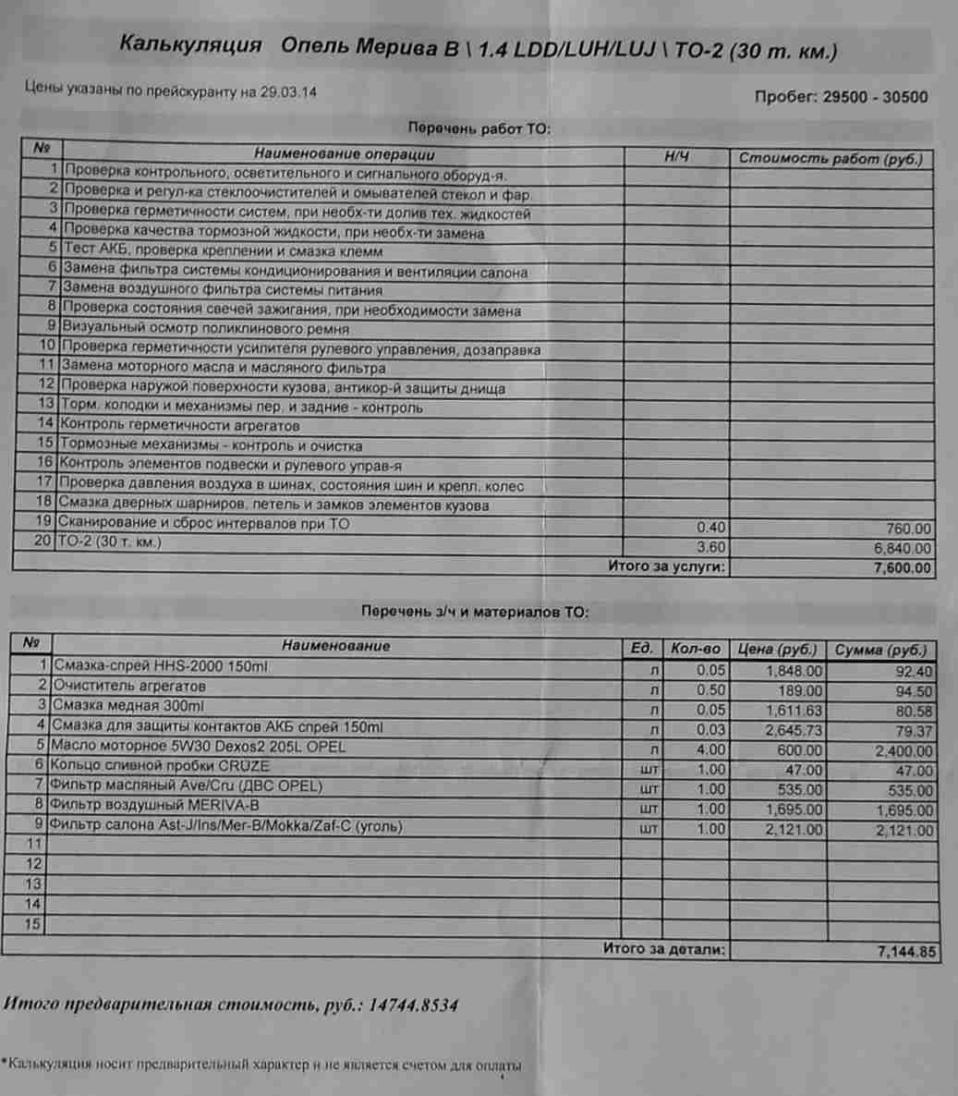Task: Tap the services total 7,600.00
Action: [x=903, y=568]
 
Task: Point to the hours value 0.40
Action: [x=711, y=529]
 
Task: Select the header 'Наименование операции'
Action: [x=344, y=154]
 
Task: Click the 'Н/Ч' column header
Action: [x=677, y=157]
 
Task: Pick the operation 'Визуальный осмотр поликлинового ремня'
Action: [x=205, y=329]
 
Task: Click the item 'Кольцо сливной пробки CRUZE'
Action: [x=160, y=766]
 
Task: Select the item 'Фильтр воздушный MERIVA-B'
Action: [x=154, y=805]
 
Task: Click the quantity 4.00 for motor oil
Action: [x=711, y=750]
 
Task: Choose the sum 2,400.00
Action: [x=903, y=751]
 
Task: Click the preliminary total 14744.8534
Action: [x=412, y=1005]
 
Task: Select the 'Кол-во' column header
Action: [x=696, y=649]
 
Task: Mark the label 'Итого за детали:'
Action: [x=664, y=949]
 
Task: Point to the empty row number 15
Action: [x=33, y=923]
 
